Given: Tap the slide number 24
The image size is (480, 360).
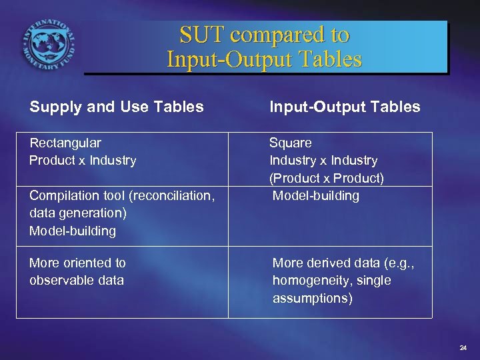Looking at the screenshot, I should (463, 348).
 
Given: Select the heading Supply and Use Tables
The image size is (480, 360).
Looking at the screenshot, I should (116, 107).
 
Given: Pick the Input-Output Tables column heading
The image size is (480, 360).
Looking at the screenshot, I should (345, 107).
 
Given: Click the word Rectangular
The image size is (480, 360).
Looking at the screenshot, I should (65, 143).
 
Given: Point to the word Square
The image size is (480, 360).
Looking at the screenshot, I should (290, 143).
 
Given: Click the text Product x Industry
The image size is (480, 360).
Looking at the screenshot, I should (83, 160).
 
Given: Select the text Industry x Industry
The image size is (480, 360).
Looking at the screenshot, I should (323, 160).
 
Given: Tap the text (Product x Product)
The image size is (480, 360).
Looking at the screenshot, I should (327, 178).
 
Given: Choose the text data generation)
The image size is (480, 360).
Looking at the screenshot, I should (78, 213).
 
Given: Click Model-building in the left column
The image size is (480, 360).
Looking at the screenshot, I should (73, 231).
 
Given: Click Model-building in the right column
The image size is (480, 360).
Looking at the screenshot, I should (316, 196).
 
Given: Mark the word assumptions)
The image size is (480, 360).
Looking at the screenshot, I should (313, 299).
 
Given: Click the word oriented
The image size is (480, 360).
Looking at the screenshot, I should (87, 263).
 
